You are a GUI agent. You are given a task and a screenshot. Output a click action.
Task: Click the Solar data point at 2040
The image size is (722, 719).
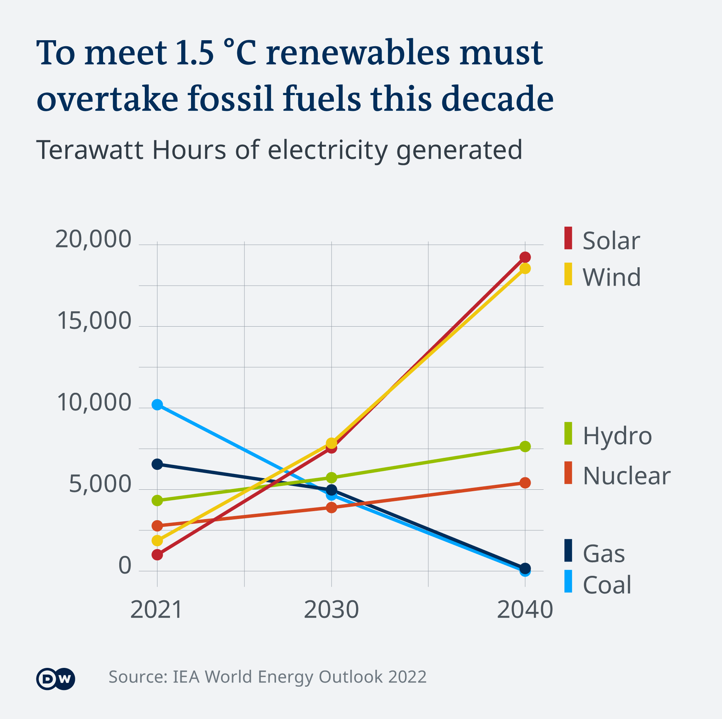pos(525,257)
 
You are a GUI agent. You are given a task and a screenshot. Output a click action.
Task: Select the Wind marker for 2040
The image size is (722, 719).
pos(525,268)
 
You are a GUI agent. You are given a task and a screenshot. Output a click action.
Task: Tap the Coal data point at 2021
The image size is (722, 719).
pos(157,404)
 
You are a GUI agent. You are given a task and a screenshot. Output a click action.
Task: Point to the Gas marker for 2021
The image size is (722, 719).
pos(157,464)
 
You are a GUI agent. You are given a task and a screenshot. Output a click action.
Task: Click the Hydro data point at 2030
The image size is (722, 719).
pos(331,478)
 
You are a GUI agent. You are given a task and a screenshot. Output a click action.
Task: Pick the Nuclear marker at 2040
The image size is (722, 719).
pos(525,483)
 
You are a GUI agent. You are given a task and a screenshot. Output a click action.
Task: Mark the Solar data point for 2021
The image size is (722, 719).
pos(157,554)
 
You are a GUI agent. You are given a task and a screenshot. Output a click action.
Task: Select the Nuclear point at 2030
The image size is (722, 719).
pos(331,507)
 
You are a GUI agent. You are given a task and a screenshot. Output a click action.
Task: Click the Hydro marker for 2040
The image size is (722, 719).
pos(525,447)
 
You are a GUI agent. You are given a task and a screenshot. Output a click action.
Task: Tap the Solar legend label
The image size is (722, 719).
pos(611,241)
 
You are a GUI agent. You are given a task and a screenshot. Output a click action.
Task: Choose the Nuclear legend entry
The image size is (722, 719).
pos(626,475)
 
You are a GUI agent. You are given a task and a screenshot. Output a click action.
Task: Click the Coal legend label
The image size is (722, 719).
pos(607,585)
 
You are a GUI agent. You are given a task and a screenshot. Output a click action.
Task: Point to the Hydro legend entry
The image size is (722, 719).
pos(617,436)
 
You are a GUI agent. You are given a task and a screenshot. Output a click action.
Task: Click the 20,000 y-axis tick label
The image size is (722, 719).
pos(93,239)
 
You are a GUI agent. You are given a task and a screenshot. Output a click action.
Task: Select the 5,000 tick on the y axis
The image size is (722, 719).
pos(100,484)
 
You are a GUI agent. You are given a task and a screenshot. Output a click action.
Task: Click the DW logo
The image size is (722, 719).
pos(56,679)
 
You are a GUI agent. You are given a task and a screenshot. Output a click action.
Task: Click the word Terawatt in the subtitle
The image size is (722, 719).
pos(89,150)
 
